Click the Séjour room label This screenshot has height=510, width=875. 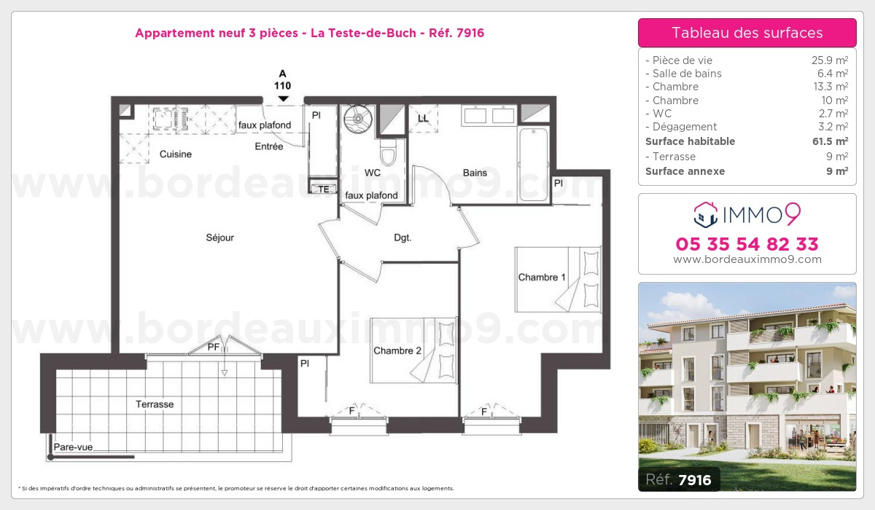click(x=219, y=238)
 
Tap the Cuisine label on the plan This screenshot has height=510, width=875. click(x=176, y=154)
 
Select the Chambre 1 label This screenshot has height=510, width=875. click(x=541, y=277)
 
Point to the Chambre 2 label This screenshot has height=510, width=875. click(x=397, y=350)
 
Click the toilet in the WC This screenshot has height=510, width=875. click(x=388, y=152)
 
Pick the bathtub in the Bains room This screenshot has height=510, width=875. click(x=534, y=165)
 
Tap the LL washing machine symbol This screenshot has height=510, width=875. click(x=423, y=118)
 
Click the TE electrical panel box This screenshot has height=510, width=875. click(x=323, y=188)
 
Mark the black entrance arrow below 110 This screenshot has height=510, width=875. click(x=283, y=99)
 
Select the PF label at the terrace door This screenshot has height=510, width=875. click(x=213, y=347)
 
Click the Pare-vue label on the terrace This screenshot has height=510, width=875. click(x=73, y=447)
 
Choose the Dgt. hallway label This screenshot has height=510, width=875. click(x=402, y=238)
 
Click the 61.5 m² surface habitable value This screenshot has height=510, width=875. click(x=830, y=141)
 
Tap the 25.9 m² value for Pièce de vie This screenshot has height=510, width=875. click(x=830, y=60)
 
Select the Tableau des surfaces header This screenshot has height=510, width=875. click(x=747, y=33)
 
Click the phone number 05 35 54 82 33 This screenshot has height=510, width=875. click(x=747, y=244)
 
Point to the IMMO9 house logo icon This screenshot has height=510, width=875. click(x=706, y=214)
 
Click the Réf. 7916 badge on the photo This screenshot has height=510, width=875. click(x=679, y=479)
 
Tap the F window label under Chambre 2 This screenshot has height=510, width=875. click(x=351, y=411)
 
